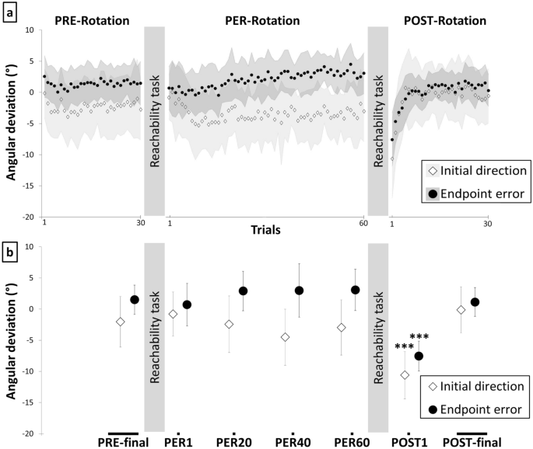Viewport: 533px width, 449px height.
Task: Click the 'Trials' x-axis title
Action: (266, 230)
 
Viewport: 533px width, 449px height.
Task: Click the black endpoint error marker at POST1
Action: (419, 356)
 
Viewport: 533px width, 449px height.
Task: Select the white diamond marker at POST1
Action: (404, 375)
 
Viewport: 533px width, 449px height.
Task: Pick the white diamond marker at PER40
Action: (286, 337)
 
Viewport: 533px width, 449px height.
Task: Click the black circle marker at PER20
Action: (243, 291)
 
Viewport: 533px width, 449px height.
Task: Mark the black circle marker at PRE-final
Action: (134, 299)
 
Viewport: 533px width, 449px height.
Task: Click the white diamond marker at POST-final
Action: (461, 310)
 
